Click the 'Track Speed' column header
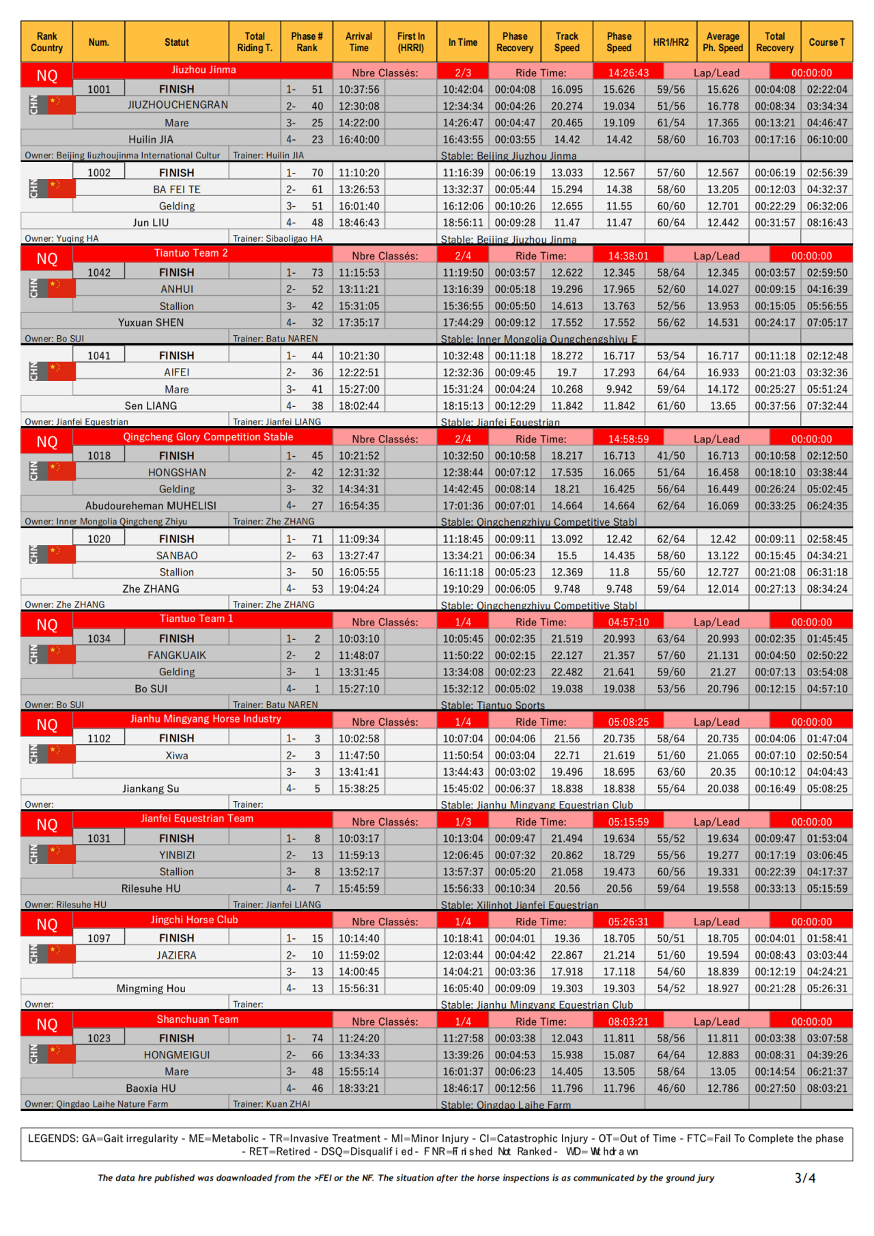(567, 42)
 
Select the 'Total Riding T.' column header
(255, 42)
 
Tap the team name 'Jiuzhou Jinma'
(203, 70)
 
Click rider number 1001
(99, 89)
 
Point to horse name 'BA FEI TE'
(177, 190)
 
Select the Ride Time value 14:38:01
(628, 256)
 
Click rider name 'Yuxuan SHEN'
(151, 323)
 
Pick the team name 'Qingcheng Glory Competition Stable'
(208, 437)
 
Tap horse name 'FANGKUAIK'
(177, 656)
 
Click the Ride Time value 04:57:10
(628, 622)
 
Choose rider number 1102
(99, 739)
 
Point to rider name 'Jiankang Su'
(151, 789)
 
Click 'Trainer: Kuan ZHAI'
(271, 1104)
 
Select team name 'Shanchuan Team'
(198, 1020)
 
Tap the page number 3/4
(805, 1178)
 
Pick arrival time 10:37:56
(359, 89)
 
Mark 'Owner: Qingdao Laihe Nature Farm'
(96, 1104)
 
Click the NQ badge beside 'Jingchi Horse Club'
(47, 925)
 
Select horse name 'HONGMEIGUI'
(177, 1055)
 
